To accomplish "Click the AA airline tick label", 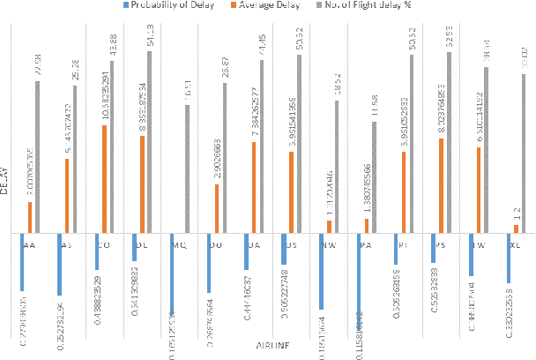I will [x=30, y=245].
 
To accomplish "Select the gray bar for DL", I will [x=149, y=142].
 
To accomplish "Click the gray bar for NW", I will [x=336, y=167].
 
